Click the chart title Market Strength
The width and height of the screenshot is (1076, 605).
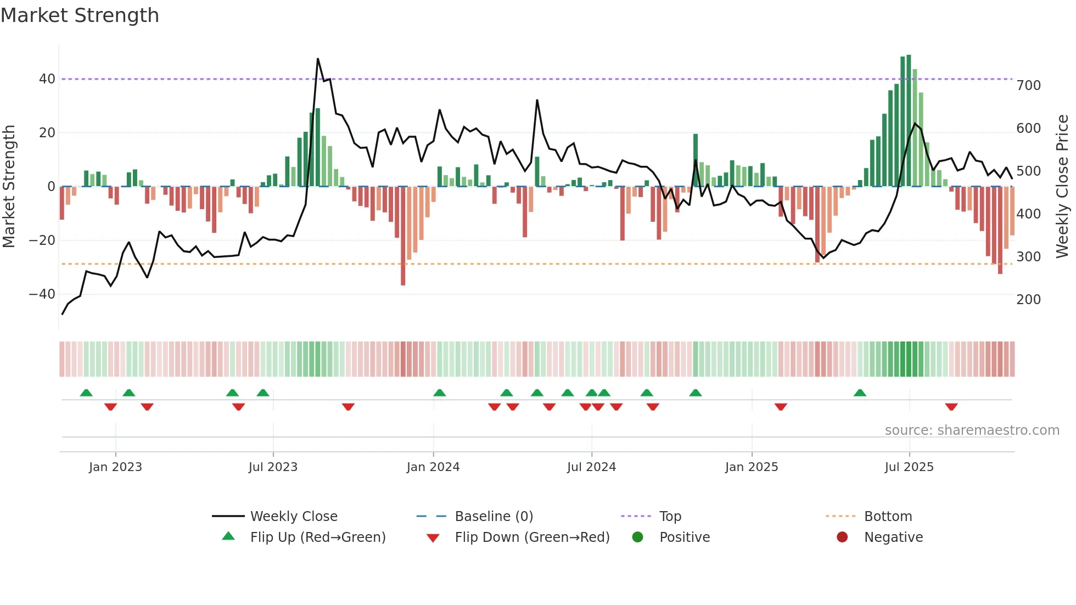(80, 15)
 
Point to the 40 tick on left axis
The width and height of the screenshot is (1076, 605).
(47, 79)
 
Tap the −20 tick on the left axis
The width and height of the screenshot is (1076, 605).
(42, 240)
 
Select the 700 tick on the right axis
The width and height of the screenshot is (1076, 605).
(1028, 86)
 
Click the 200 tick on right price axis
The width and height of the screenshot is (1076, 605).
(1028, 300)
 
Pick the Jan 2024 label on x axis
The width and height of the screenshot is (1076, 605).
(433, 467)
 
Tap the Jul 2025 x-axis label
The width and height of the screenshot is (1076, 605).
(909, 467)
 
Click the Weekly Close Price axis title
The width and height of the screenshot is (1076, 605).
(1062, 187)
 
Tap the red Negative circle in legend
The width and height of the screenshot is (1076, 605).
(842, 537)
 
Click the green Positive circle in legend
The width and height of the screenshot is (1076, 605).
(637, 537)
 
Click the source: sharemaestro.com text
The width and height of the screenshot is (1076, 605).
(972, 430)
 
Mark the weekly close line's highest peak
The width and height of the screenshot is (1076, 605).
(318, 59)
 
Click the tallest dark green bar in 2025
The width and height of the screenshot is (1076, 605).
(909, 121)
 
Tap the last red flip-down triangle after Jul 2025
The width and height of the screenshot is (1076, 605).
(951, 407)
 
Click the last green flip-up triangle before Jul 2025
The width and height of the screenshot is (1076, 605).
(860, 393)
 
